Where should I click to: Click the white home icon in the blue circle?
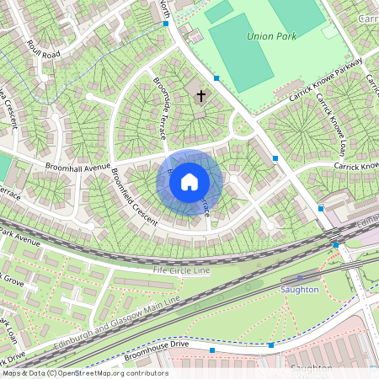[189, 181]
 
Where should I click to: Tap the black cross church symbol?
[200, 96]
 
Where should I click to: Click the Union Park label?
[270, 36]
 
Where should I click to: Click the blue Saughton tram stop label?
[299, 289]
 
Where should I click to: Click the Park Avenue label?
[20, 238]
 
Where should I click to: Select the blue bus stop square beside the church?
[216, 78]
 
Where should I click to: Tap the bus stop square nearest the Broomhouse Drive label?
[212, 350]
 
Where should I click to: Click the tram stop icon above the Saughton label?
[299, 278]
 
